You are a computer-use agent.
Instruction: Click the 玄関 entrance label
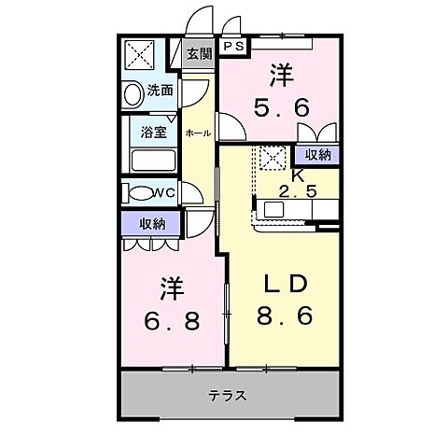[199, 54]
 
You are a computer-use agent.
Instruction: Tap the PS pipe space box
[233, 45]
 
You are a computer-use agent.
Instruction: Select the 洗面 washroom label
[161, 91]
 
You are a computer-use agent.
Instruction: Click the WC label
[164, 193]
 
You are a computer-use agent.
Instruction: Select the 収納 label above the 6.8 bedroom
[153, 223]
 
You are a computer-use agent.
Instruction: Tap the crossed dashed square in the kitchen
[273, 159]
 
